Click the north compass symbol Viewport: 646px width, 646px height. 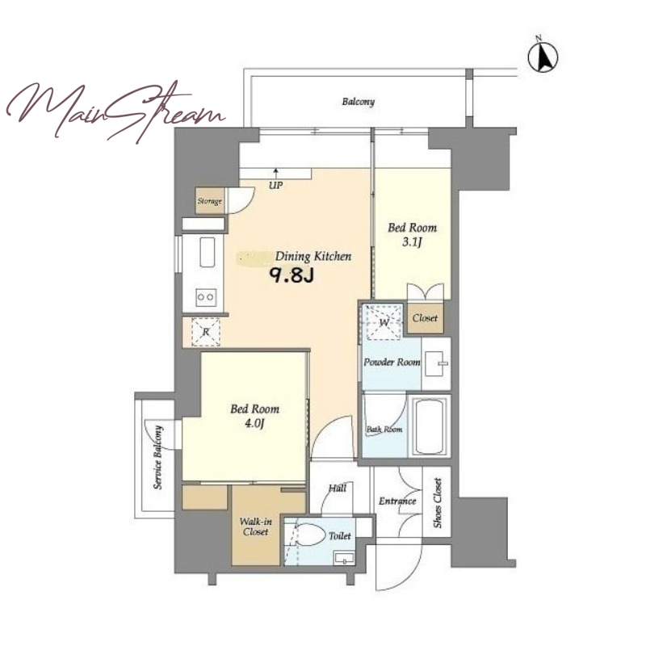[x=543, y=56]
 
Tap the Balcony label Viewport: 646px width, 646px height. [x=358, y=102]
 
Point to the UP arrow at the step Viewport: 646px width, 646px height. [x=275, y=173]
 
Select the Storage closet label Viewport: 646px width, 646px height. [x=210, y=201]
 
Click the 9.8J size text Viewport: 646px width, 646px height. [x=292, y=275]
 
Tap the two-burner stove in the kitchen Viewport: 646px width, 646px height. [x=206, y=296]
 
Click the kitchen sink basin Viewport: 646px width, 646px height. [x=208, y=252]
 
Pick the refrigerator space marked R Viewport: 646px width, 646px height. [x=206, y=332]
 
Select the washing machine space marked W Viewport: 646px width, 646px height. [x=384, y=321]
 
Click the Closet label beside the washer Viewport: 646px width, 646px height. [x=425, y=318]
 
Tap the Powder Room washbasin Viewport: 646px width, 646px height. [x=435, y=363]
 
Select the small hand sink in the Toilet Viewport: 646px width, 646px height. [x=344, y=559]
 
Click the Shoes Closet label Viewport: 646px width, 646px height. [x=437, y=503]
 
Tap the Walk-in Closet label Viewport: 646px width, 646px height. [x=255, y=526]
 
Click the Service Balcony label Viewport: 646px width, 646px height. [x=157, y=457]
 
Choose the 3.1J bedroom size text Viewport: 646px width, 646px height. [x=412, y=241]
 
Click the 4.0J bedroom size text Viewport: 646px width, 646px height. [x=254, y=423]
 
